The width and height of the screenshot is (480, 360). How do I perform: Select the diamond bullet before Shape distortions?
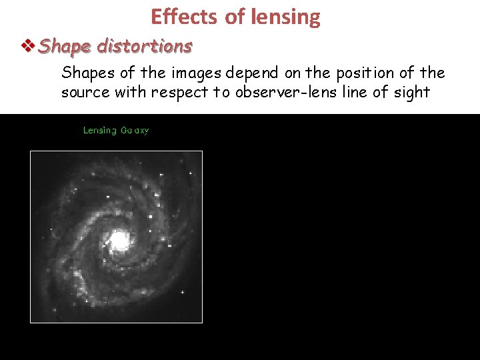tap(29, 46)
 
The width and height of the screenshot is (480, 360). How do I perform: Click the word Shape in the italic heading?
tap(65, 47)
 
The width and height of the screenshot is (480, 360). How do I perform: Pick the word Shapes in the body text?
tap(83, 73)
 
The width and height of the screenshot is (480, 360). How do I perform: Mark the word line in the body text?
tap(357, 92)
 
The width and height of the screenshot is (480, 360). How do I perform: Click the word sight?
tap(412, 92)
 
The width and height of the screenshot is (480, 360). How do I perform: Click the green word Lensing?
tap(99, 131)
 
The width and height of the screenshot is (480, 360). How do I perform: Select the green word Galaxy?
tap(135, 131)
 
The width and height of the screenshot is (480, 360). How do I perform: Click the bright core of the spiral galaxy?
tap(119, 239)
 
